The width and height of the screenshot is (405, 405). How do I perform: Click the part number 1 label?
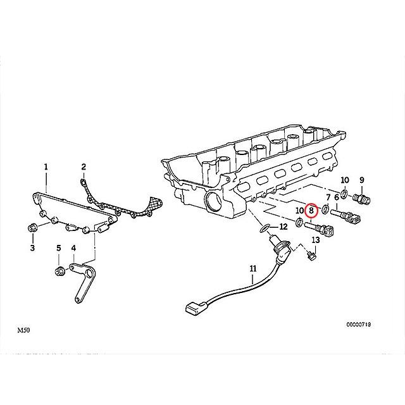click(x=46, y=166)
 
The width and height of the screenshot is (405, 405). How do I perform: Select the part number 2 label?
click(x=83, y=166)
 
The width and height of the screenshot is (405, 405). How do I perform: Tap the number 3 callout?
click(x=32, y=248)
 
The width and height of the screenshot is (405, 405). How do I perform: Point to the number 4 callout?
click(x=73, y=248)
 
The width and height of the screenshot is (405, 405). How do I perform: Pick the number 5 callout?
click(x=58, y=248)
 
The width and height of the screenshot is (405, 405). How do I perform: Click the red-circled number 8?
click(x=311, y=210)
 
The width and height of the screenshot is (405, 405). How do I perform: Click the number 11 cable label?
click(x=253, y=269)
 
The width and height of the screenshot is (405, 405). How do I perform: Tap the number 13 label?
click(x=315, y=240)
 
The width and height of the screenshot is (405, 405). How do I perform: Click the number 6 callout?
click(x=336, y=198)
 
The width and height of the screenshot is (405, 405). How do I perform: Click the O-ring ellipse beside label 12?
click(x=265, y=227)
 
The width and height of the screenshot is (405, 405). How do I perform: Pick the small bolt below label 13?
click(x=310, y=256)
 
